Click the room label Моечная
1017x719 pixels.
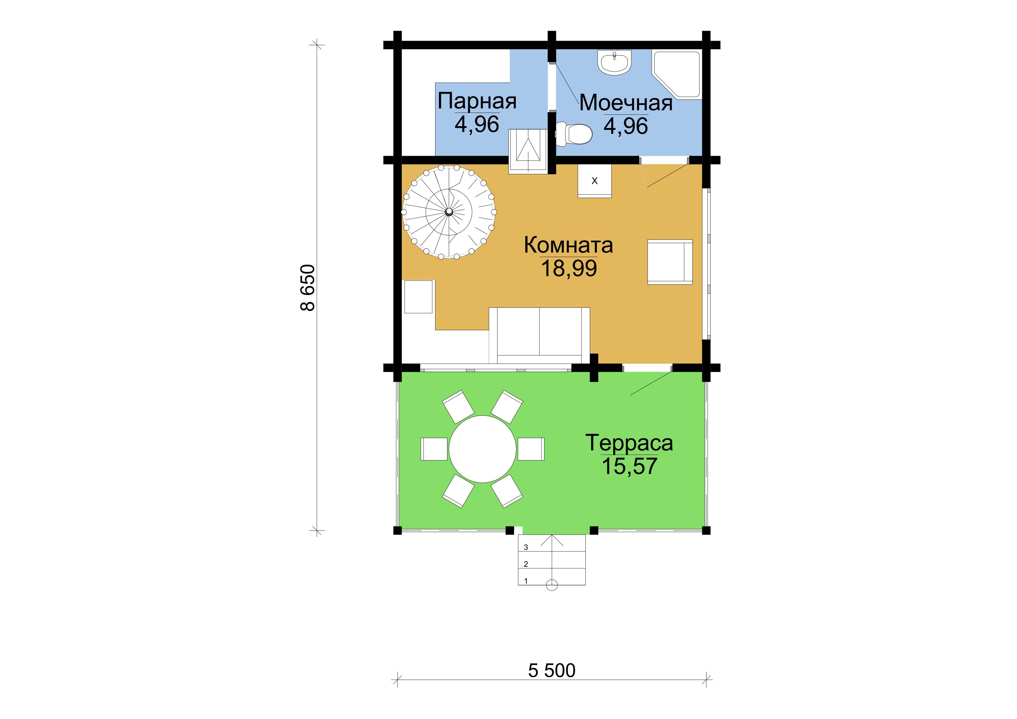coord(626,103)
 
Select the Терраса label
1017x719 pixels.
coord(629,443)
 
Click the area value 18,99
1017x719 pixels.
coord(569,268)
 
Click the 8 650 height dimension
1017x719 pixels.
coord(308,288)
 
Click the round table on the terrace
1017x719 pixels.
coord(482,449)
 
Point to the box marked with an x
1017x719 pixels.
coord(594,181)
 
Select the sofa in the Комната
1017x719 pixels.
coord(540,335)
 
